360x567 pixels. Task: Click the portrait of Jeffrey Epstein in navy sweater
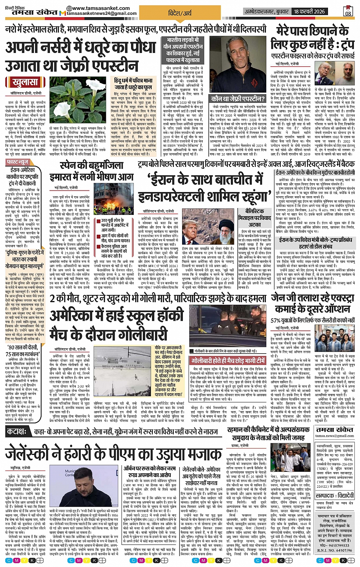point(237,64)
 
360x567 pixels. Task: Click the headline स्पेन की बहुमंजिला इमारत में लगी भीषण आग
point(91,171)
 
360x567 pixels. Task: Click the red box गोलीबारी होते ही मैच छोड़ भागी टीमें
point(228,360)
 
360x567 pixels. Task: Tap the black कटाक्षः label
point(17,432)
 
